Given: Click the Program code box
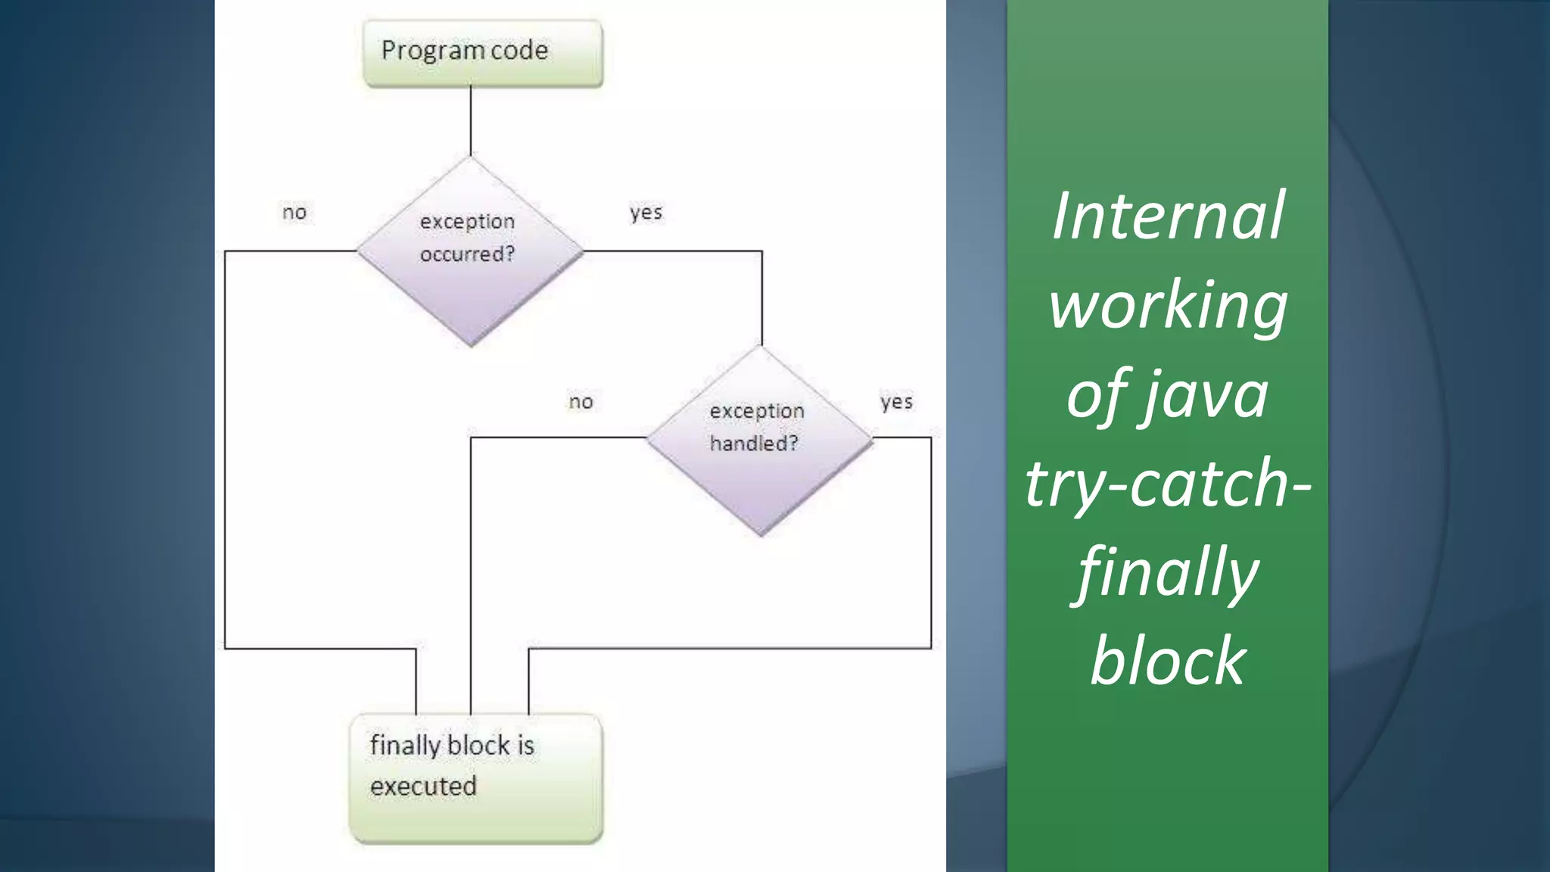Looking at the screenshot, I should [x=483, y=53].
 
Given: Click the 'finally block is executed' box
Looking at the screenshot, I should [x=476, y=778].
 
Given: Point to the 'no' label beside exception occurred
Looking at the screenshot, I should [x=294, y=213].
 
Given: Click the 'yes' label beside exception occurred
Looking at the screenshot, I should [x=646, y=213].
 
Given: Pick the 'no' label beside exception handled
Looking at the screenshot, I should [x=580, y=402].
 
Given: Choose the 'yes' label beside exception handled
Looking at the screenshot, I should [x=896, y=402].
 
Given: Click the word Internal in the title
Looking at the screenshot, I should [x=1168, y=216].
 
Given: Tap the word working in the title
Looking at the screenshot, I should [x=1168, y=305].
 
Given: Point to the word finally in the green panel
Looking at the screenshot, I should [x=1168, y=573].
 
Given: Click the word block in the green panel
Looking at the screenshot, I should [x=1168, y=661].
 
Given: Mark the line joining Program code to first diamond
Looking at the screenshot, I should [x=471, y=121].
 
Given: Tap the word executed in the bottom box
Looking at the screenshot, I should [x=423, y=786].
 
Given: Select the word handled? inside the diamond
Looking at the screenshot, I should [x=754, y=444].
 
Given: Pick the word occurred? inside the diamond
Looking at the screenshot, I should [x=467, y=254].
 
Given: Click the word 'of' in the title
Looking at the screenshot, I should [x=1098, y=394].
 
